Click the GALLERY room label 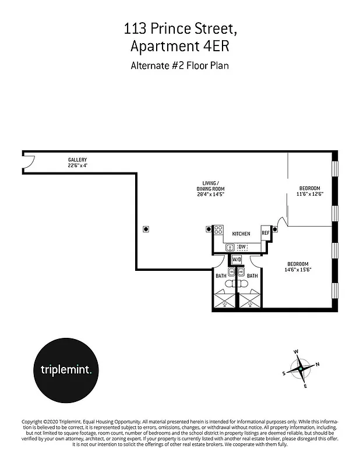77,160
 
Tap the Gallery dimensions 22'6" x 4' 77,165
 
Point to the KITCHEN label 241,234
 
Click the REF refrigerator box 266,233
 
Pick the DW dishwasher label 242,247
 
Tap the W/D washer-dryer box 237,260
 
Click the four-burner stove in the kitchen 218,230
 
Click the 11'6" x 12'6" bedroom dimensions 310,194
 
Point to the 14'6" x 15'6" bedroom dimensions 301,270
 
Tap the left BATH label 221,276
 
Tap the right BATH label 252,276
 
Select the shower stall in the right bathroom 250,301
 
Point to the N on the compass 317,365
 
